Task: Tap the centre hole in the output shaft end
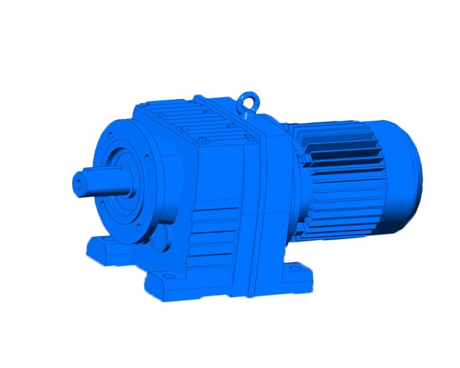[80, 179]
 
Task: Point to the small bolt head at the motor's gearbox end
[304, 160]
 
